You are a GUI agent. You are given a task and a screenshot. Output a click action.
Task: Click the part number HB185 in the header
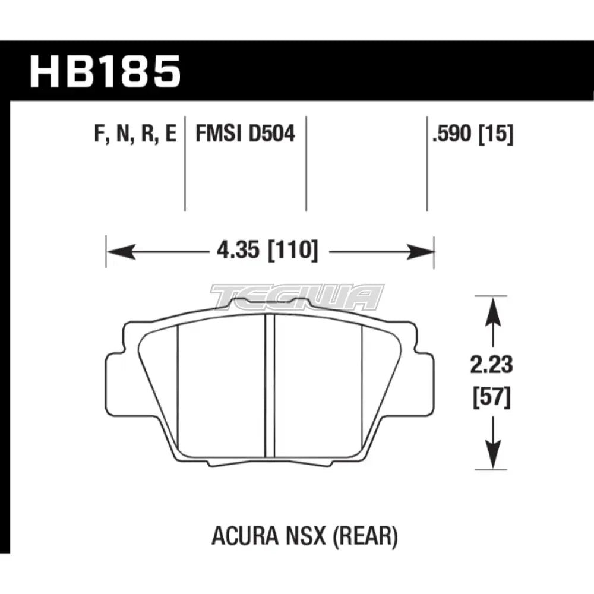pos(105,71)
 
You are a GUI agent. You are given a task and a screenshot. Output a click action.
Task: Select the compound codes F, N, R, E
pos(135,134)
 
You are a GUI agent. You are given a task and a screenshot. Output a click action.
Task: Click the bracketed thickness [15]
pos(496,134)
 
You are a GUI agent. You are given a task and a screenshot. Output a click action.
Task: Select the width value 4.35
pos(238,250)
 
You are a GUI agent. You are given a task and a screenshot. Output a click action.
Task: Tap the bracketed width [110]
pos(293,251)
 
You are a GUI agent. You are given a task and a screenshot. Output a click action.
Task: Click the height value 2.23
pos(491,365)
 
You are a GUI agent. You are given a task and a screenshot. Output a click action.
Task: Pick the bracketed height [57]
pos(492,397)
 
